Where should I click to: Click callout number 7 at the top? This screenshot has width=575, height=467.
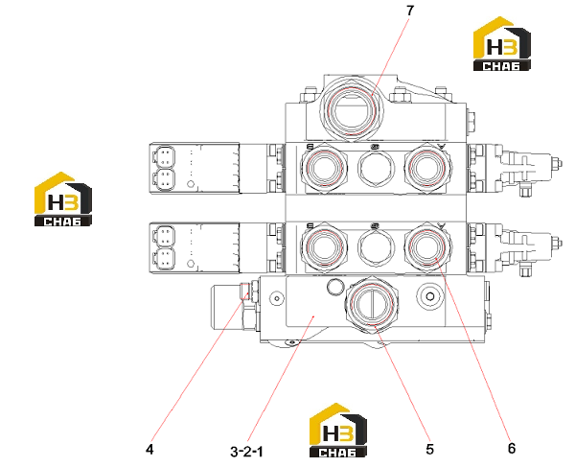409,11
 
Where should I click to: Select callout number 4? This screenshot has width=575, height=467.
149,449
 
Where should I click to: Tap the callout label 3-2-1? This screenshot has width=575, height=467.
247,452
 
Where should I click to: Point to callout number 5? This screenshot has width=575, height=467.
429,449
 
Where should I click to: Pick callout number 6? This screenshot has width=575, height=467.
512,448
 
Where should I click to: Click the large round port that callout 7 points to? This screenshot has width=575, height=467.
352,110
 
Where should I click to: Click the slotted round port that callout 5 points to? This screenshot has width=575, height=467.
372,303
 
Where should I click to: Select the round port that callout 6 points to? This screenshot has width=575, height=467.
428,246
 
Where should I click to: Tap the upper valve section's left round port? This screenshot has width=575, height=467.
324,169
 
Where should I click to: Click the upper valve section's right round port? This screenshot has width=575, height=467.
428,167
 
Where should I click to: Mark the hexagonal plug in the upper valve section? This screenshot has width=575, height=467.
377,169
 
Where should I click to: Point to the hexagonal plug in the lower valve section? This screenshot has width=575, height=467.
377,246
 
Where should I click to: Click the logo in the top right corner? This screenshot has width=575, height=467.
502,44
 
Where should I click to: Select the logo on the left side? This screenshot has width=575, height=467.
62,199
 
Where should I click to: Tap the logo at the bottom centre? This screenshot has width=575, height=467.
338,431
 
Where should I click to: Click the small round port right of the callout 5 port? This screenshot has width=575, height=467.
430,296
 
